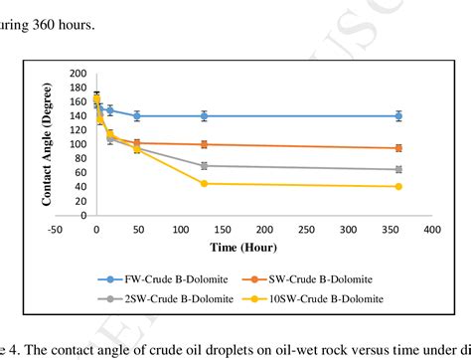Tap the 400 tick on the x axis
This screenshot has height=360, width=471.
pyautogui.click(x=431, y=230)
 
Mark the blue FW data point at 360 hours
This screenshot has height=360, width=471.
pyautogui.click(x=398, y=116)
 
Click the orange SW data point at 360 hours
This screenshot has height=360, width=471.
pyautogui.click(x=398, y=148)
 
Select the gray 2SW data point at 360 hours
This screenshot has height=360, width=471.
pyautogui.click(x=398, y=169)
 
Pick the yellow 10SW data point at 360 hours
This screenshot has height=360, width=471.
pyautogui.click(x=398, y=186)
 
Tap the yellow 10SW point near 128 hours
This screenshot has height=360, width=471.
pyautogui.click(x=204, y=183)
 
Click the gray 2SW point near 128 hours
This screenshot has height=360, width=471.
pyautogui.click(x=204, y=165)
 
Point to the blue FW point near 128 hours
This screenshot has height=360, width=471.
pyautogui.click(x=204, y=116)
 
